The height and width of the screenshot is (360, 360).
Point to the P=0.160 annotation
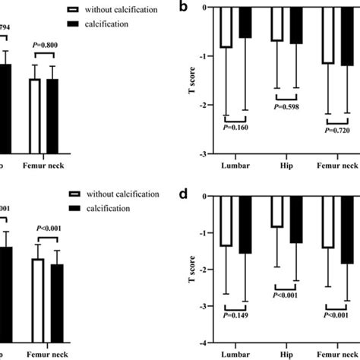235,128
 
